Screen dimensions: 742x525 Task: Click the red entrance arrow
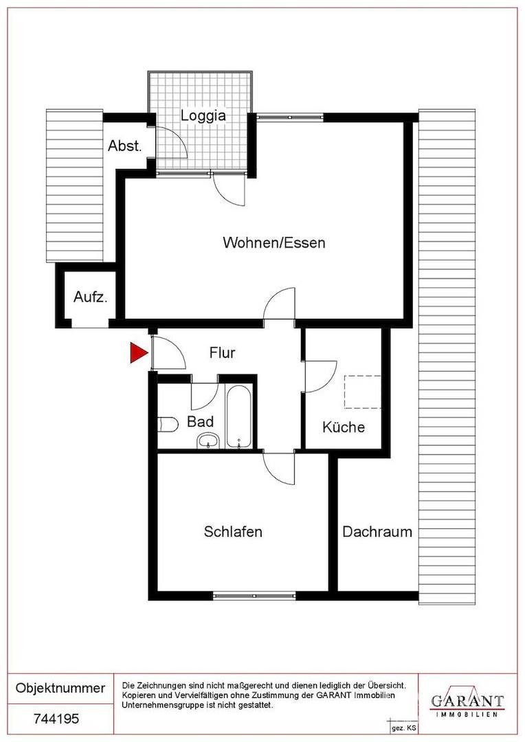click(139, 353)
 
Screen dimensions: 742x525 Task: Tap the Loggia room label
click(203, 115)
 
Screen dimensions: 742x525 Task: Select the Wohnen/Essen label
click(273, 243)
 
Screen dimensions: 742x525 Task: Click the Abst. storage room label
click(124, 146)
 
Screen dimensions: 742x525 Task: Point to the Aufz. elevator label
click(90, 297)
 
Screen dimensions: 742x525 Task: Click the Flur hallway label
click(222, 353)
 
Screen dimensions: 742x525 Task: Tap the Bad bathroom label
click(200, 421)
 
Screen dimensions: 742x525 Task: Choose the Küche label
click(344, 427)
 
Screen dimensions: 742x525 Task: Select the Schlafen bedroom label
click(233, 531)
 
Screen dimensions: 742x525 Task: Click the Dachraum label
click(377, 531)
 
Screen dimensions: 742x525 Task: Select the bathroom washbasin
click(207, 440)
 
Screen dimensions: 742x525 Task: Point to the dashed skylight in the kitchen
click(362, 392)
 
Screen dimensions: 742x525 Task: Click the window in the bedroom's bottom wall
click(254, 594)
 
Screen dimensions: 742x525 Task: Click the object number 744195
click(57, 719)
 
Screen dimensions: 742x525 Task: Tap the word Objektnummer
click(60, 688)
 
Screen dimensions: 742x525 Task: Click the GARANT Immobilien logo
click(467, 702)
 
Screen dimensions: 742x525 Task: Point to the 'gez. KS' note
click(403, 727)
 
